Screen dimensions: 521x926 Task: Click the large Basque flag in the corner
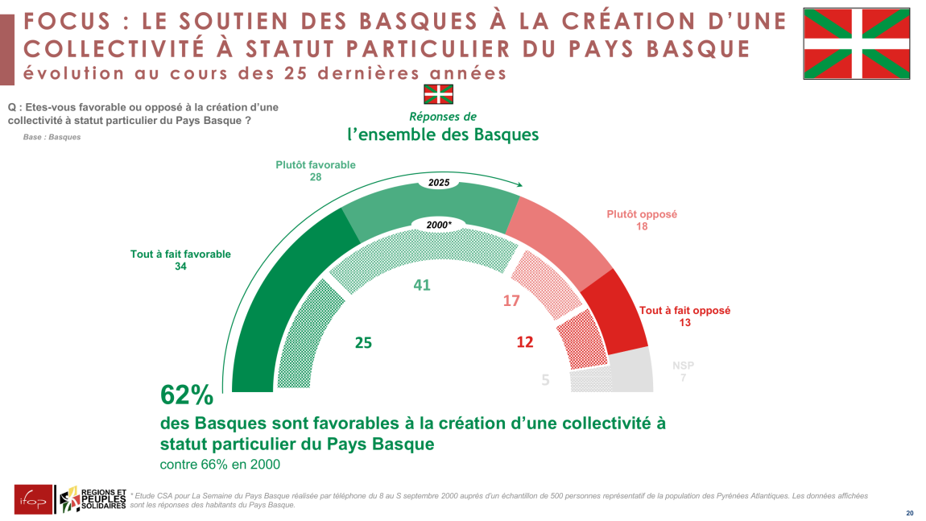(x=857, y=43)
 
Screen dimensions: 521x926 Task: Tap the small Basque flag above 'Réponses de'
(x=439, y=93)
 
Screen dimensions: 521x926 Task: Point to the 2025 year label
(x=439, y=183)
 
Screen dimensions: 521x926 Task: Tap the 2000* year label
(x=439, y=225)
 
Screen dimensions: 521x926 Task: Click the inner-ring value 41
(x=422, y=284)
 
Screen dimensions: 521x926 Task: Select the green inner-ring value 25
(x=363, y=342)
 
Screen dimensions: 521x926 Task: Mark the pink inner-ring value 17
(x=511, y=300)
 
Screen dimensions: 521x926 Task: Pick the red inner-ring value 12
(x=525, y=342)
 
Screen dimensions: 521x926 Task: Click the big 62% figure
(x=187, y=395)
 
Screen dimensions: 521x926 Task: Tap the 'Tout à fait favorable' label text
(x=180, y=254)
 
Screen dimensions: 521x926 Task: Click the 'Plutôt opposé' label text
(x=642, y=215)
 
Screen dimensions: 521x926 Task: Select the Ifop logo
(x=33, y=499)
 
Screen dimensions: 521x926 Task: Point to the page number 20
(x=910, y=513)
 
